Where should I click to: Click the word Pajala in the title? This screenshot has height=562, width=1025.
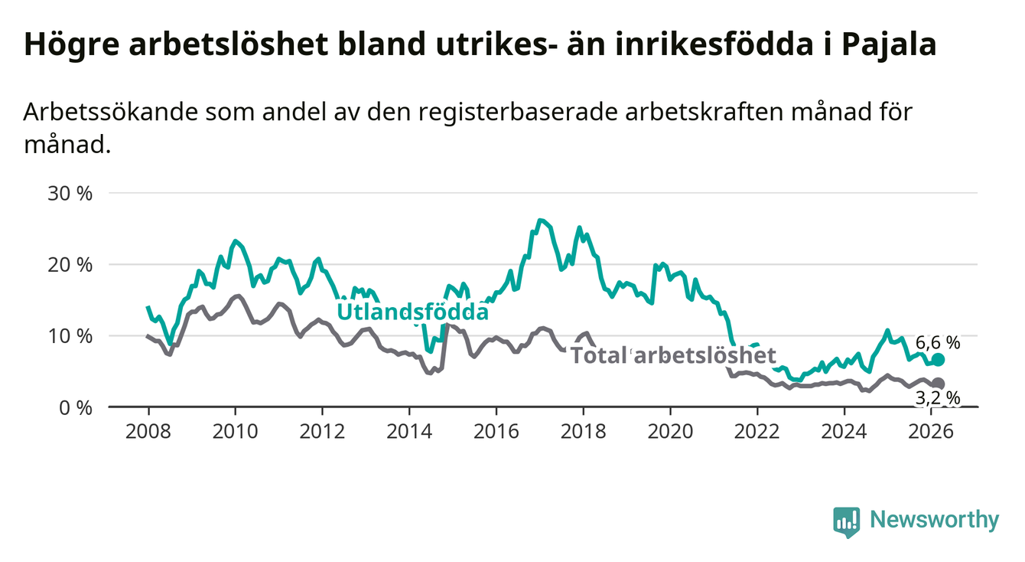(889, 44)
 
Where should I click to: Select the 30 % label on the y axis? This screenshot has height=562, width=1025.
(70, 193)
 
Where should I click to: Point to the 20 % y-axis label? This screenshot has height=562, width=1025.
(70, 264)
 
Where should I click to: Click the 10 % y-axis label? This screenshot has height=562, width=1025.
(70, 335)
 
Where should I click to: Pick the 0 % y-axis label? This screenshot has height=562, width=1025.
(74, 407)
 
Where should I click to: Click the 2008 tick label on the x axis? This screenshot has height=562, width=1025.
(148, 430)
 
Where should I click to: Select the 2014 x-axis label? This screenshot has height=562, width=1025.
(408, 430)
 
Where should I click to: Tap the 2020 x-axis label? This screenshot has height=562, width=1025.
(670, 430)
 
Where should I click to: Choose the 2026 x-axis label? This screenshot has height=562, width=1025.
(931, 430)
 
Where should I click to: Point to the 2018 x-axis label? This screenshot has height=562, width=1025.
(583, 430)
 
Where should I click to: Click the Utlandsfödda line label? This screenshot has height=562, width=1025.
(413, 312)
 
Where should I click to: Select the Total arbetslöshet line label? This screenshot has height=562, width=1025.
(674, 355)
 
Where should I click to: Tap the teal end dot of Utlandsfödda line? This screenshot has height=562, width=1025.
(939, 360)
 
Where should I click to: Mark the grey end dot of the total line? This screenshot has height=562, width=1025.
(939, 384)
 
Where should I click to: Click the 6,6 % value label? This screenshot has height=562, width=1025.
(937, 342)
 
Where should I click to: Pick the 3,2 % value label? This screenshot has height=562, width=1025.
(937, 397)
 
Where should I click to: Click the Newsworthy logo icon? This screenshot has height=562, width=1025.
(846, 521)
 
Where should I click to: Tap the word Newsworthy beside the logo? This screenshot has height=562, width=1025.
(935, 520)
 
